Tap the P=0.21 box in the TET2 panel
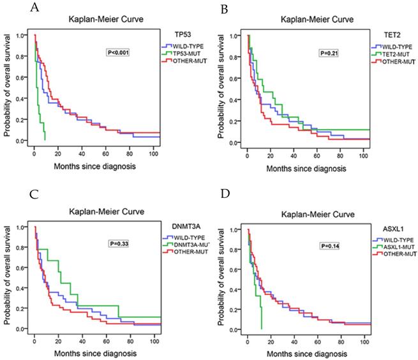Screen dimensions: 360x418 pos(329,52)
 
